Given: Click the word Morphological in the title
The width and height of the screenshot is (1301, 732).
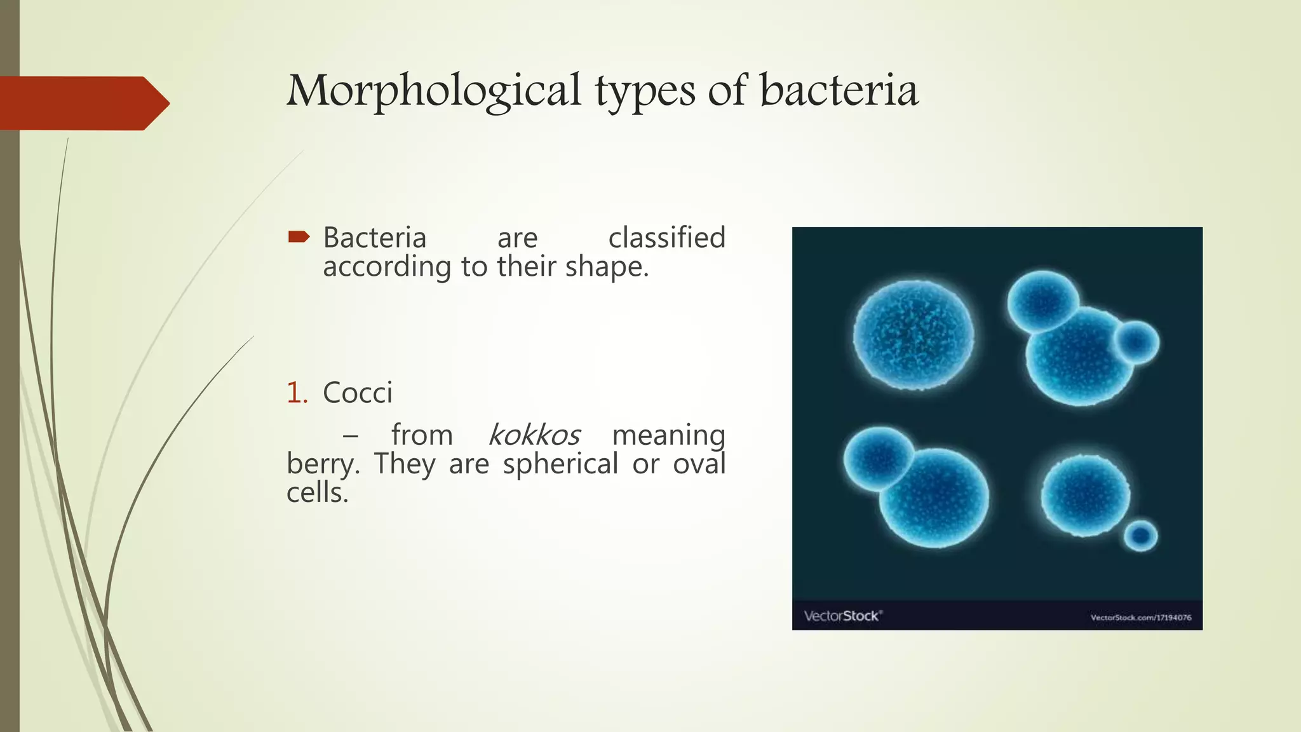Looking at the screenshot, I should click(x=433, y=91).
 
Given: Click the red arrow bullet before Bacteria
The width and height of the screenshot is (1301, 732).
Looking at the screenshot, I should click(x=299, y=238).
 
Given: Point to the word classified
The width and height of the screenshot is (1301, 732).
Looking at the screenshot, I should click(x=666, y=238).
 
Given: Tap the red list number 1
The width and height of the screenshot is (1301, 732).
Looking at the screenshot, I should click(x=296, y=393).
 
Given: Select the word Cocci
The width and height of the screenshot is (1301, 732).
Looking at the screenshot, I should click(x=358, y=393).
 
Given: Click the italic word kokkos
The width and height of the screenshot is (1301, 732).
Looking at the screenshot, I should click(x=534, y=435).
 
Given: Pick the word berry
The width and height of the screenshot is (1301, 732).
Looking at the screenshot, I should click(x=321, y=464).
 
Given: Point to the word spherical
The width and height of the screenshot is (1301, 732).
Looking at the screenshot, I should click(x=560, y=464).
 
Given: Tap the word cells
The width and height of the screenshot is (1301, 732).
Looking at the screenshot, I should click(x=317, y=492).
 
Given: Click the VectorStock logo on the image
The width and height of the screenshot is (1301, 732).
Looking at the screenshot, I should click(x=842, y=616).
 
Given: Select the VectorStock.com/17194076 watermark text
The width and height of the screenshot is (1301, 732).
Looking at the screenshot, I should click(x=1141, y=617).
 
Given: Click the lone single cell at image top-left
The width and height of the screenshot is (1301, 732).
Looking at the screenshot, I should click(x=913, y=334).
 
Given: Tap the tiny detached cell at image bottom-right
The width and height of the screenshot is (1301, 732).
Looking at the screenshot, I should click(x=1141, y=536).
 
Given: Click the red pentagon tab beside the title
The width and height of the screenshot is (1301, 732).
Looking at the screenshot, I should click(x=83, y=103).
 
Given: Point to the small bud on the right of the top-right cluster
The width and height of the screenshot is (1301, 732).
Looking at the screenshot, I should click(x=1137, y=342).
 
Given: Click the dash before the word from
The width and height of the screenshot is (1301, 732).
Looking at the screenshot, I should click(x=350, y=437).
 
